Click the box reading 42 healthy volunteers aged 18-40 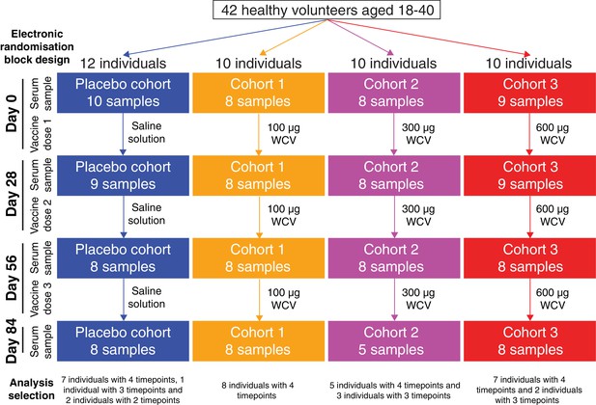tap(326, 11)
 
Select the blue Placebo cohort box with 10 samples tap(123, 93)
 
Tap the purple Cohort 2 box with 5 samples tap(394, 340)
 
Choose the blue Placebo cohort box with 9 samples tap(123, 175)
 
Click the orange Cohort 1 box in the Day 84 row tap(259, 340)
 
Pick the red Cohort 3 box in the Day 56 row tap(529, 258)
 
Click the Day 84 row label tap(12, 340)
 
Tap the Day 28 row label tap(12, 194)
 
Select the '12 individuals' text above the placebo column tap(123, 64)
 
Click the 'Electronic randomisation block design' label tap(37, 46)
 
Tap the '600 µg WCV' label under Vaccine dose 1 tap(553, 134)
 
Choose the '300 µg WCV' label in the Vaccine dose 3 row tap(418, 299)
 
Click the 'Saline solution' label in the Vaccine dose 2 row tap(146, 214)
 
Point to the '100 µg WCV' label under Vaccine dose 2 tap(284, 215)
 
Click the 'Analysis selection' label tap(32, 389)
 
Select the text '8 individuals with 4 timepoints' tap(258, 391)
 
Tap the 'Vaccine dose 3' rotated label tap(41, 298)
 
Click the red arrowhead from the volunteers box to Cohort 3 tap(526, 54)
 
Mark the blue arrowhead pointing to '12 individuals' tap(127, 54)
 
